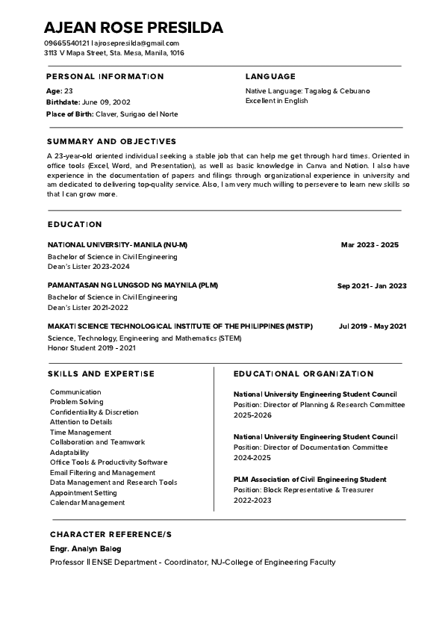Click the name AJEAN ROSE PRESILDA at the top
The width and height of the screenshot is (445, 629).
point(133,28)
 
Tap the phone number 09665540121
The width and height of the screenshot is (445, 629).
point(66,43)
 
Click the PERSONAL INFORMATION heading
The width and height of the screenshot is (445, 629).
point(105,76)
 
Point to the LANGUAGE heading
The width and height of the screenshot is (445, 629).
point(270,76)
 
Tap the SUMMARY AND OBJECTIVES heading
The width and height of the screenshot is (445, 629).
point(111,141)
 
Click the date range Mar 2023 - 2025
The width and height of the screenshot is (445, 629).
point(370,245)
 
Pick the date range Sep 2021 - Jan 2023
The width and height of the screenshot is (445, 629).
point(372,285)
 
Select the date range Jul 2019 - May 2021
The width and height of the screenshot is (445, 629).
point(373,326)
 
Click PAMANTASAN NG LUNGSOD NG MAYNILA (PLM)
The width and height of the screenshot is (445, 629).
point(133,285)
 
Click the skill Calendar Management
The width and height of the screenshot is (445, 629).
point(87,503)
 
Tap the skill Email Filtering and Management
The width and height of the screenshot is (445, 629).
point(103,472)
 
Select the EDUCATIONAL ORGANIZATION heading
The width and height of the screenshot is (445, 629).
point(303,374)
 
